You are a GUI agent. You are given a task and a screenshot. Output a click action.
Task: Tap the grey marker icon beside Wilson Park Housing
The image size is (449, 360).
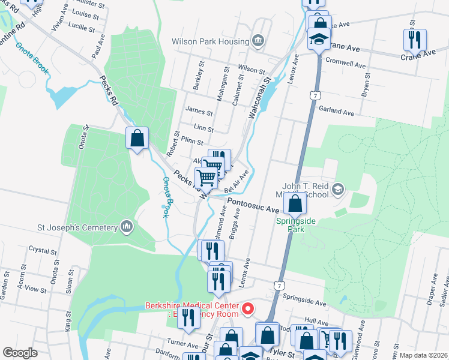click(x=258, y=41)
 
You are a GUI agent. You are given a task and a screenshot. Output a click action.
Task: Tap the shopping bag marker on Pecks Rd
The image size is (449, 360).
click(x=137, y=139)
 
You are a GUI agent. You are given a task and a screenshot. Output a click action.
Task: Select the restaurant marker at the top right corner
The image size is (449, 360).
click(x=415, y=40)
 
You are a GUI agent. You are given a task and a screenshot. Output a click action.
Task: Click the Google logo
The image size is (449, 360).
click(x=20, y=353)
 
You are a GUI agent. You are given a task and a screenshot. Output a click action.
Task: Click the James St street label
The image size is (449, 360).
click(x=199, y=112)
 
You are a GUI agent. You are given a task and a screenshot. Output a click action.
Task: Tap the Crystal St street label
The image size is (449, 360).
click(x=42, y=249)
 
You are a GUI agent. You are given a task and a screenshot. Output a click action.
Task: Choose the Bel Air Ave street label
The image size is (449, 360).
click(x=237, y=182)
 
